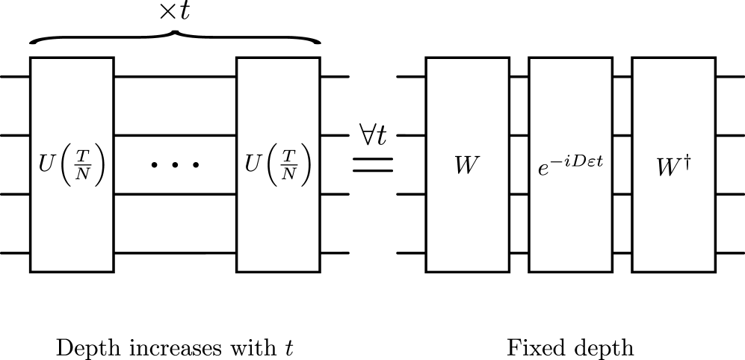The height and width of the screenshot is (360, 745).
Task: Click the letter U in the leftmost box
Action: (47, 164)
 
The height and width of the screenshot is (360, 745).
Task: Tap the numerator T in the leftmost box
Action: (83, 155)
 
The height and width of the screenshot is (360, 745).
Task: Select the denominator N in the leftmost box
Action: (83, 173)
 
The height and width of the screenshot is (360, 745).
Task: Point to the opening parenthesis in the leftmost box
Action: (67, 164)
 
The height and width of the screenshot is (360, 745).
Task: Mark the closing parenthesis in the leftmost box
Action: (99, 164)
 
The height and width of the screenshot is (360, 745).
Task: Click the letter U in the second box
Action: (253, 164)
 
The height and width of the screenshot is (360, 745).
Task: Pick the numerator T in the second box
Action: (289, 155)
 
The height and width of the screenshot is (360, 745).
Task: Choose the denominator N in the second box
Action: (289, 173)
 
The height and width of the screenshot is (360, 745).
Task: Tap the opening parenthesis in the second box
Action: (273, 164)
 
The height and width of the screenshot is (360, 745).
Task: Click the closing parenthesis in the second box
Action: (306, 164)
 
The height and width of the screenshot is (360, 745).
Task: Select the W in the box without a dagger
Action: (467, 165)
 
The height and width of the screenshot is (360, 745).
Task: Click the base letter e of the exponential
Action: (543, 170)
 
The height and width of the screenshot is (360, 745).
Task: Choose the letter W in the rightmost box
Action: (667, 167)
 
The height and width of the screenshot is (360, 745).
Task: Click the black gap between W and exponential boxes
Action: (519, 164)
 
